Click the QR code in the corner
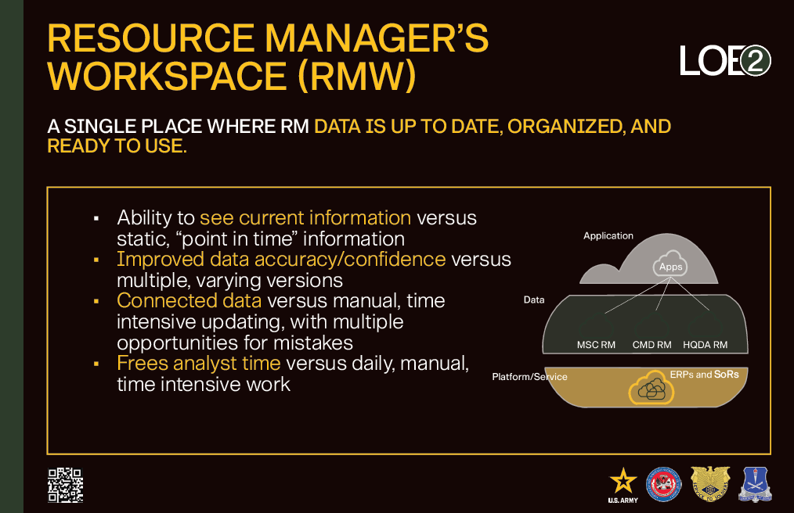[65, 485]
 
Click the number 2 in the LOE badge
[755, 61]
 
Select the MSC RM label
[596, 345]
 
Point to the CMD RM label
[651, 345]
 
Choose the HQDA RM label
[705, 345]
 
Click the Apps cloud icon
[670, 264]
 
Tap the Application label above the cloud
[608, 235]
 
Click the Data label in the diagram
[534, 300]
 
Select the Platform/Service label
[529, 377]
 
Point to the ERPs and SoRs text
[705, 375]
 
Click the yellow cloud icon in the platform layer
[651, 388]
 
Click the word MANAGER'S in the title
[377, 38]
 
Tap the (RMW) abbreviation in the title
[357, 76]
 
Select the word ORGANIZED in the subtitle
[565, 127]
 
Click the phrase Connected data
[189, 300]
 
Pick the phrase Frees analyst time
[199, 364]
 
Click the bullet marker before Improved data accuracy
[96, 260]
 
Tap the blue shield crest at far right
[755, 485]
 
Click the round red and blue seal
[664, 485]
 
